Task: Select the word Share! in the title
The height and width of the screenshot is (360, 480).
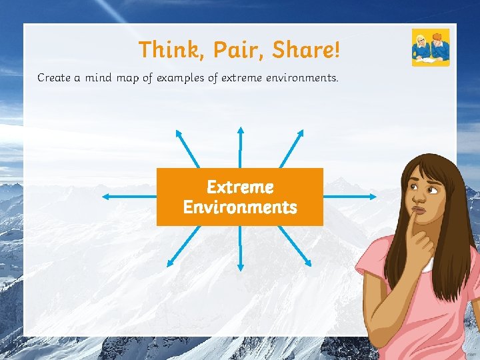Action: (304, 49)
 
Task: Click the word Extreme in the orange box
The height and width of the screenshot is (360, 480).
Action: (240, 187)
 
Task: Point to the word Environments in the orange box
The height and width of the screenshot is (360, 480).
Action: (240, 207)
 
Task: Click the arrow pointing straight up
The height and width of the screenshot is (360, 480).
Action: (241, 147)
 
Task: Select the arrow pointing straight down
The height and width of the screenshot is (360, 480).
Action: (241, 247)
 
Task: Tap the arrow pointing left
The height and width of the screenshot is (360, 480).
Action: (129, 197)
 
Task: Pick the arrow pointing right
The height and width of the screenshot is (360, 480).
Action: (350, 197)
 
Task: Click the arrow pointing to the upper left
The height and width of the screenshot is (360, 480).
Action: (187, 147)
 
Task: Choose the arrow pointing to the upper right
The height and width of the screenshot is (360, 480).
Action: (294, 147)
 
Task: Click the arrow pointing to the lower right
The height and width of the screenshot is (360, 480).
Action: (294, 246)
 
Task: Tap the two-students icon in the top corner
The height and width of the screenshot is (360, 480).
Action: (431, 47)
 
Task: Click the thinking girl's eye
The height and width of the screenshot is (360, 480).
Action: (432, 191)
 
